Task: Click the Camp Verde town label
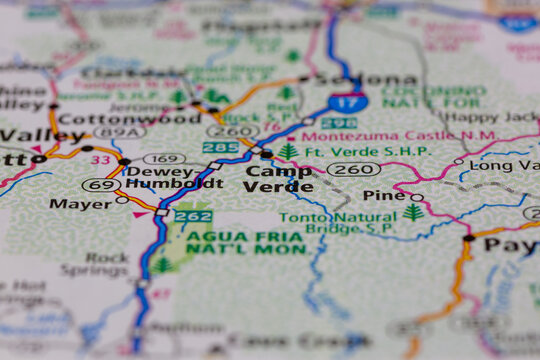[x=278, y=179]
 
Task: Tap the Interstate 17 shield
[x=348, y=100]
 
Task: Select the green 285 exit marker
[x=220, y=148]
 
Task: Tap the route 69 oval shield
[x=101, y=185]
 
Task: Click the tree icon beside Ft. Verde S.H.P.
[x=288, y=152]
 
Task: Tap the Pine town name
[x=384, y=196]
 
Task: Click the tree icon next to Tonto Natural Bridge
[x=413, y=212]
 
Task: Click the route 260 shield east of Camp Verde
[x=353, y=169]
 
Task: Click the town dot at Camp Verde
[x=266, y=154]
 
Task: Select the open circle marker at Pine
[x=417, y=197]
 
